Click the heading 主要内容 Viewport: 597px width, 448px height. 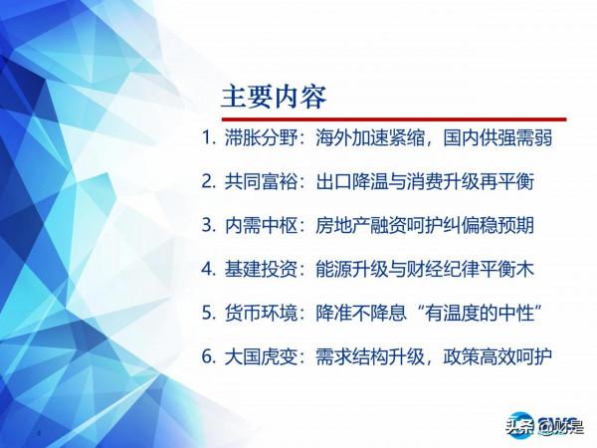(x=273, y=98)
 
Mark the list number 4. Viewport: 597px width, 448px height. (x=207, y=269)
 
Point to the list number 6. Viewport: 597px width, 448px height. (x=207, y=355)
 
